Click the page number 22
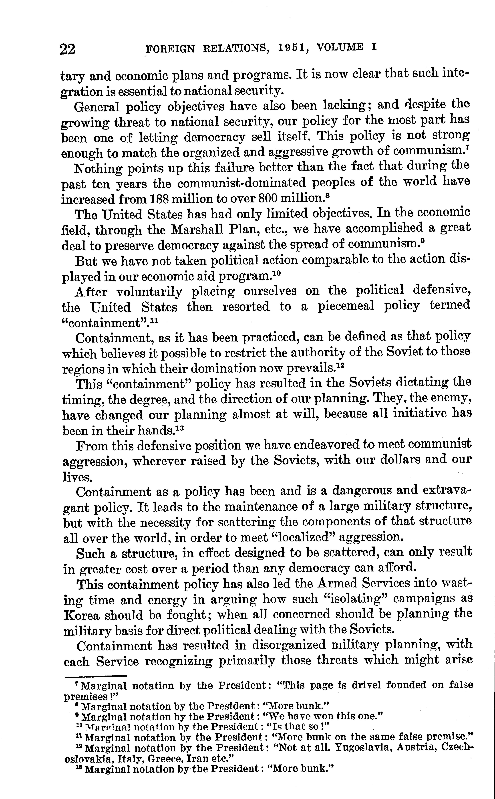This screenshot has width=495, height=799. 67,49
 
